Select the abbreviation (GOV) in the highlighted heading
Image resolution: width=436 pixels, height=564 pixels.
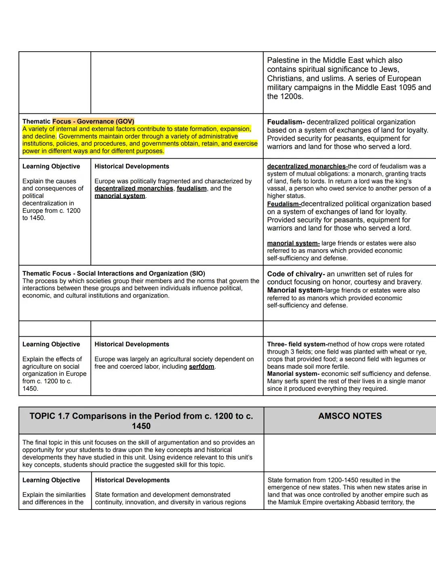tap(125, 122)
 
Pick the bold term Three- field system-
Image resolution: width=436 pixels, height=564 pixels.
tap(297, 344)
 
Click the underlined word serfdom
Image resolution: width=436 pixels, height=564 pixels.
tap(201, 367)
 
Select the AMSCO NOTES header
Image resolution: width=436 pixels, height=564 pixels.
tap(350, 416)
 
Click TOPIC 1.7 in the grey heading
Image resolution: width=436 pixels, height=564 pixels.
tap(49, 416)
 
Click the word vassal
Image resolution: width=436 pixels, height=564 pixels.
tap(278, 189)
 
